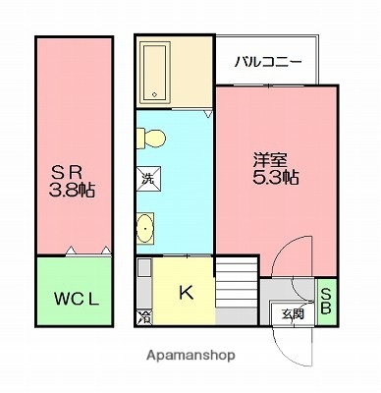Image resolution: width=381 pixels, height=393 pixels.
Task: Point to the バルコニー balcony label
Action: (x=267, y=62)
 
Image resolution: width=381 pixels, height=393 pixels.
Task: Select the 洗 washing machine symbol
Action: (x=145, y=181)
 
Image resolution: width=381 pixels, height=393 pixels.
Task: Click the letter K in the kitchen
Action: (x=185, y=292)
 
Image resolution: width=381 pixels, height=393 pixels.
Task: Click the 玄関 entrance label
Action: (x=293, y=315)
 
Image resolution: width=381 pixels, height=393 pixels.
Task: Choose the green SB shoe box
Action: (x=325, y=302)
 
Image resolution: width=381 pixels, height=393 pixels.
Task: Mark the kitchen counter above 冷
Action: (x=144, y=285)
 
